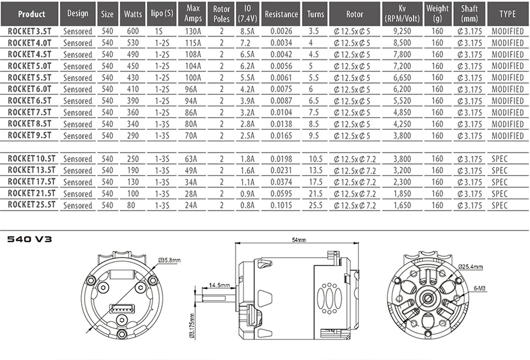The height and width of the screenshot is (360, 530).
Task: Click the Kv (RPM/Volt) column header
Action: pyautogui.click(x=402, y=14)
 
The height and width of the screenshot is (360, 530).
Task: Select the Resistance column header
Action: pyautogui.click(x=281, y=14)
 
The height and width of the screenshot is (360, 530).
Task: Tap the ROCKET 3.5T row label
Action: pyautogui.click(x=30, y=31)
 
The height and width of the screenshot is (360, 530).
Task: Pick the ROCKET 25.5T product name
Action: pyautogui.click(x=31, y=205)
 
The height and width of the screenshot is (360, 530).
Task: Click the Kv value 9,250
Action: pyautogui.click(x=402, y=31)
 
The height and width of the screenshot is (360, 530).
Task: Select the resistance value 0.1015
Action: pyautogui.click(x=281, y=205)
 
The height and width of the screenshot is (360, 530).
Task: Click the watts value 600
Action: pyautogui.click(x=133, y=31)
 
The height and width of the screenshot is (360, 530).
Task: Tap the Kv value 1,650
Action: pyautogui.click(x=402, y=205)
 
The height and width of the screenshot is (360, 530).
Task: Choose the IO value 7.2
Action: pyautogui.click(x=245, y=43)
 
